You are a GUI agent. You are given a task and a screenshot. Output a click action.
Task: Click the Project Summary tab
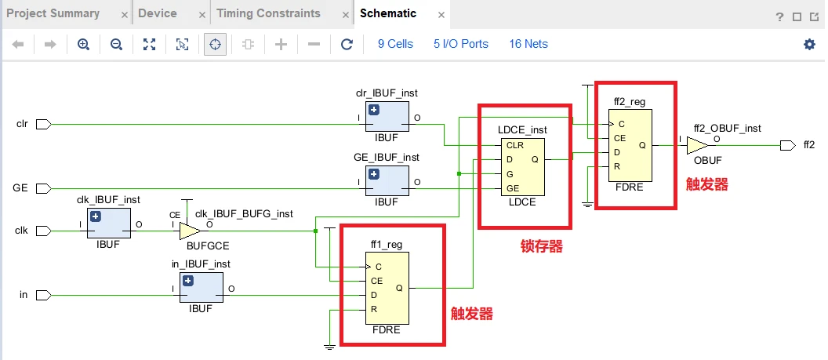tap(53, 13)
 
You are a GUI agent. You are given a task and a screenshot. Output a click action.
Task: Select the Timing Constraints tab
tap(268, 13)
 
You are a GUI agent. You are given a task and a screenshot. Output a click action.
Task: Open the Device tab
tap(158, 13)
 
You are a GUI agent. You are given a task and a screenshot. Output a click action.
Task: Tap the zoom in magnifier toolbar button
tap(84, 45)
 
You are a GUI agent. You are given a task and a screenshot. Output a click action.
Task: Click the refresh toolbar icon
tap(347, 45)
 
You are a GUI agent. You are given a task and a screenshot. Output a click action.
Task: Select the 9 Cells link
tap(395, 45)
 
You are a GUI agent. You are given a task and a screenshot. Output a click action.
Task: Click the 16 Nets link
tap(528, 45)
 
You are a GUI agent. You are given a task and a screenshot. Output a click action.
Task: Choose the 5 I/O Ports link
tap(461, 45)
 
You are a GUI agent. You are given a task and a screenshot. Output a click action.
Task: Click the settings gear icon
tap(809, 45)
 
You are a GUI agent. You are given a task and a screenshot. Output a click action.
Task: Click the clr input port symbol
tap(44, 124)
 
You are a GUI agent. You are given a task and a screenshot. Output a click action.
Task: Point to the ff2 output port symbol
tap(788, 145)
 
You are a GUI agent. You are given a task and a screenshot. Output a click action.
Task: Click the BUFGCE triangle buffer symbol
tap(190, 231)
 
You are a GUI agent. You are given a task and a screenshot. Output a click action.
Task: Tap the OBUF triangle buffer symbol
tap(696, 145)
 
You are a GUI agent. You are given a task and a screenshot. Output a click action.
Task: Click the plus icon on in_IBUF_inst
tap(187, 281)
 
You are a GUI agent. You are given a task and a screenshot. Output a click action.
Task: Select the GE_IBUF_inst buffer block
tap(386, 181)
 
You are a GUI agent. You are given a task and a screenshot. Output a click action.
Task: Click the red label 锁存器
tap(542, 246)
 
